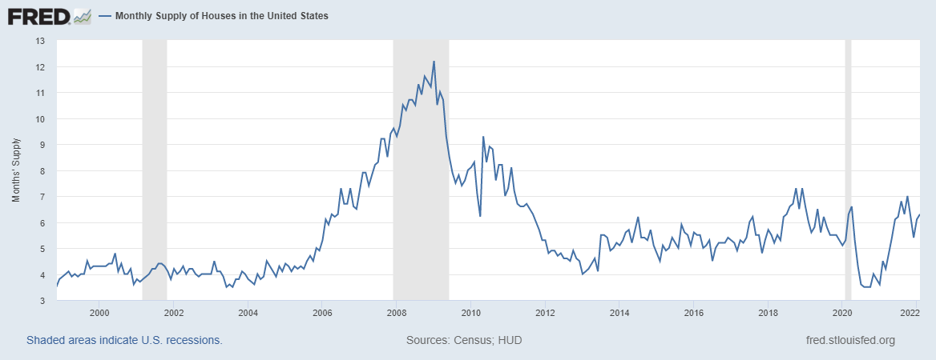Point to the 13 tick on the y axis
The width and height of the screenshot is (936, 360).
41,41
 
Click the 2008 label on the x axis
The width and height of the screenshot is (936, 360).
396,312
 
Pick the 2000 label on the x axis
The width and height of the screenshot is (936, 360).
99,312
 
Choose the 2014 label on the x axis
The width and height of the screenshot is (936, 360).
619,312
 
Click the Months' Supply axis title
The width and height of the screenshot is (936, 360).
17,170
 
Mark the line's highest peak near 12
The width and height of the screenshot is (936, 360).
434,62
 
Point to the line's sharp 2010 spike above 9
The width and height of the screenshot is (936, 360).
483,137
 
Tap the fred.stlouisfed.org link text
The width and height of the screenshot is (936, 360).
849,340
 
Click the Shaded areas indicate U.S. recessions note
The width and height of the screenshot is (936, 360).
124,340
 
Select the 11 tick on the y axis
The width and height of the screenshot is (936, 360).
41,93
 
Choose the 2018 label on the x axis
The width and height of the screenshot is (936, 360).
768,312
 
